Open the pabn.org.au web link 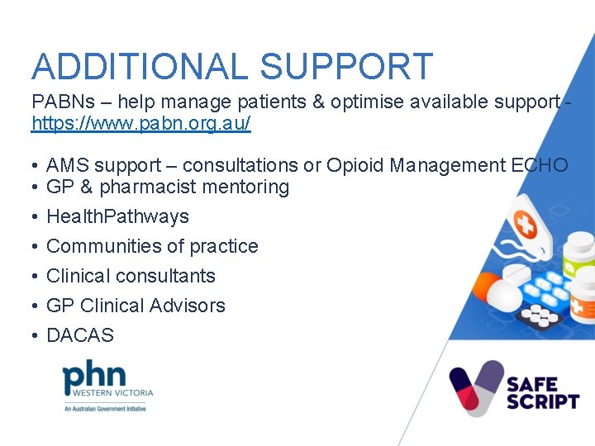click(x=140, y=125)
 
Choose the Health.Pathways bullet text click(x=117, y=217)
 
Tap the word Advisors click(x=186, y=306)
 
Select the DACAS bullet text click(x=80, y=335)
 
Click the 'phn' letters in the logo click(x=94, y=377)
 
